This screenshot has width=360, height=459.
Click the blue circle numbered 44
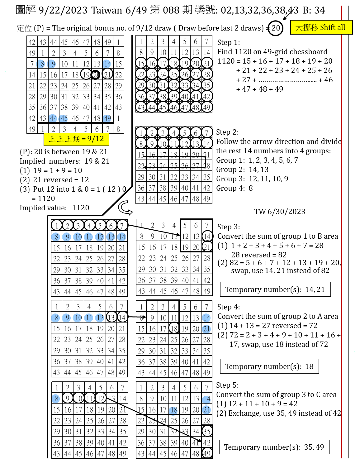53,118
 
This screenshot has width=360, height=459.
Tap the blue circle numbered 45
64,118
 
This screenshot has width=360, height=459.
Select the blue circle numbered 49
107,118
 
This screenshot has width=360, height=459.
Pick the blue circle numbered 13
111,237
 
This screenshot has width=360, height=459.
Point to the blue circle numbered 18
173,410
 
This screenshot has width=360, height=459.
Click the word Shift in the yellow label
328,27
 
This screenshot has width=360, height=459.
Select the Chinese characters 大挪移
307,27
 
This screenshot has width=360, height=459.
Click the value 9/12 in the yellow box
96,139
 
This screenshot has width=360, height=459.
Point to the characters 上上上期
64,139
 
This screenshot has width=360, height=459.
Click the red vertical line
342,218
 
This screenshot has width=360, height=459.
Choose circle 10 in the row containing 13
78,237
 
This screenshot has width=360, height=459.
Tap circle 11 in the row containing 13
89,237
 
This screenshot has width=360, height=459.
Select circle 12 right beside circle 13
100,237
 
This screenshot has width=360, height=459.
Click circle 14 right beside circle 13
122,237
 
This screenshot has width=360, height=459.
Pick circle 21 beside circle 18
206,410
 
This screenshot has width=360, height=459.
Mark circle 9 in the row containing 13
67,237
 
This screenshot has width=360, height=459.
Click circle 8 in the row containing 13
56,237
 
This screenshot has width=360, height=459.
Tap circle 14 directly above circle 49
107,64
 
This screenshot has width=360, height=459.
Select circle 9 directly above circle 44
52,64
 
